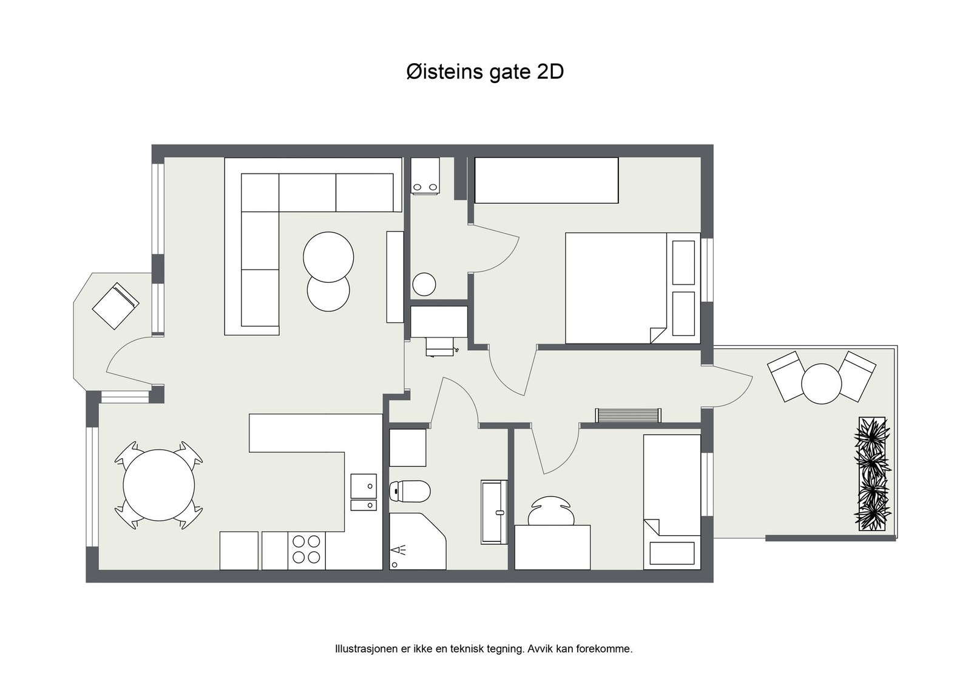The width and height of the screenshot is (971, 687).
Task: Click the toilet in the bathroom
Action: (x=410, y=491)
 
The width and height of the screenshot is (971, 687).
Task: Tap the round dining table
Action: (x=158, y=485)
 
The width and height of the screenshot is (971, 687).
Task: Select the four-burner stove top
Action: (x=306, y=549)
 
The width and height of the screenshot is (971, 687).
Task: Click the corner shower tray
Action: (x=417, y=541)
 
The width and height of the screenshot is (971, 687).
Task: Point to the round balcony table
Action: (x=822, y=384)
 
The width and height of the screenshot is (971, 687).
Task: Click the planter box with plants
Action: (x=872, y=474)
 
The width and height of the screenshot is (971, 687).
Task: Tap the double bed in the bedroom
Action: (x=633, y=288)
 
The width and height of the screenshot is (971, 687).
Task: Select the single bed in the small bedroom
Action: (x=672, y=502)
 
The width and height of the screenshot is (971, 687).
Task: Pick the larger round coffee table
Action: (x=328, y=257)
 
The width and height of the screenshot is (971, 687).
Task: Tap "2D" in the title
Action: (x=550, y=72)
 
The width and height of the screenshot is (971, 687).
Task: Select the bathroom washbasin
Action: (x=494, y=512)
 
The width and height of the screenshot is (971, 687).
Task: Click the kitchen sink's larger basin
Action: (x=364, y=486)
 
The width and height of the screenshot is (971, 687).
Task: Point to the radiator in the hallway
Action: (x=628, y=415)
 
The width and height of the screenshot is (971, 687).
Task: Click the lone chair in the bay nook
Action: (x=115, y=306)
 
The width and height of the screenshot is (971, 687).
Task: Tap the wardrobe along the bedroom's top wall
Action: (x=546, y=180)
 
